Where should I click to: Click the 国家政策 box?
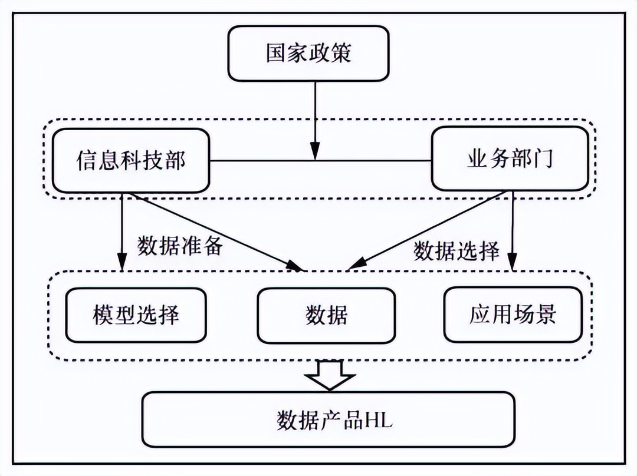pyautogui.click(x=308, y=53)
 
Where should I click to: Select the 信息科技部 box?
pyautogui.click(x=131, y=160)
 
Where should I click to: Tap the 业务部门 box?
pyautogui.click(x=510, y=159)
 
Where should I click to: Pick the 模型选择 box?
pyautogui.click(x=136, y=315)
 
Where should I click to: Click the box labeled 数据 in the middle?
pyautogui.click(x=327, y=315)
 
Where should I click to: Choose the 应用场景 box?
pyautogui.click(x=513, y=315)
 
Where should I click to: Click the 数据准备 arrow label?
pyautogui.click(x=180, y=246)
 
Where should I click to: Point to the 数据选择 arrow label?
pyautogui.click(x=457, y=252)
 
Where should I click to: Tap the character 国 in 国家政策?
pyautogui.click(x=277, y=53)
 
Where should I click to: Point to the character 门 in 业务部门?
pyautogui.click(x=543, y=160)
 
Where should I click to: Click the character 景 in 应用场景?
pyautogui.click(x=545, y=315)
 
